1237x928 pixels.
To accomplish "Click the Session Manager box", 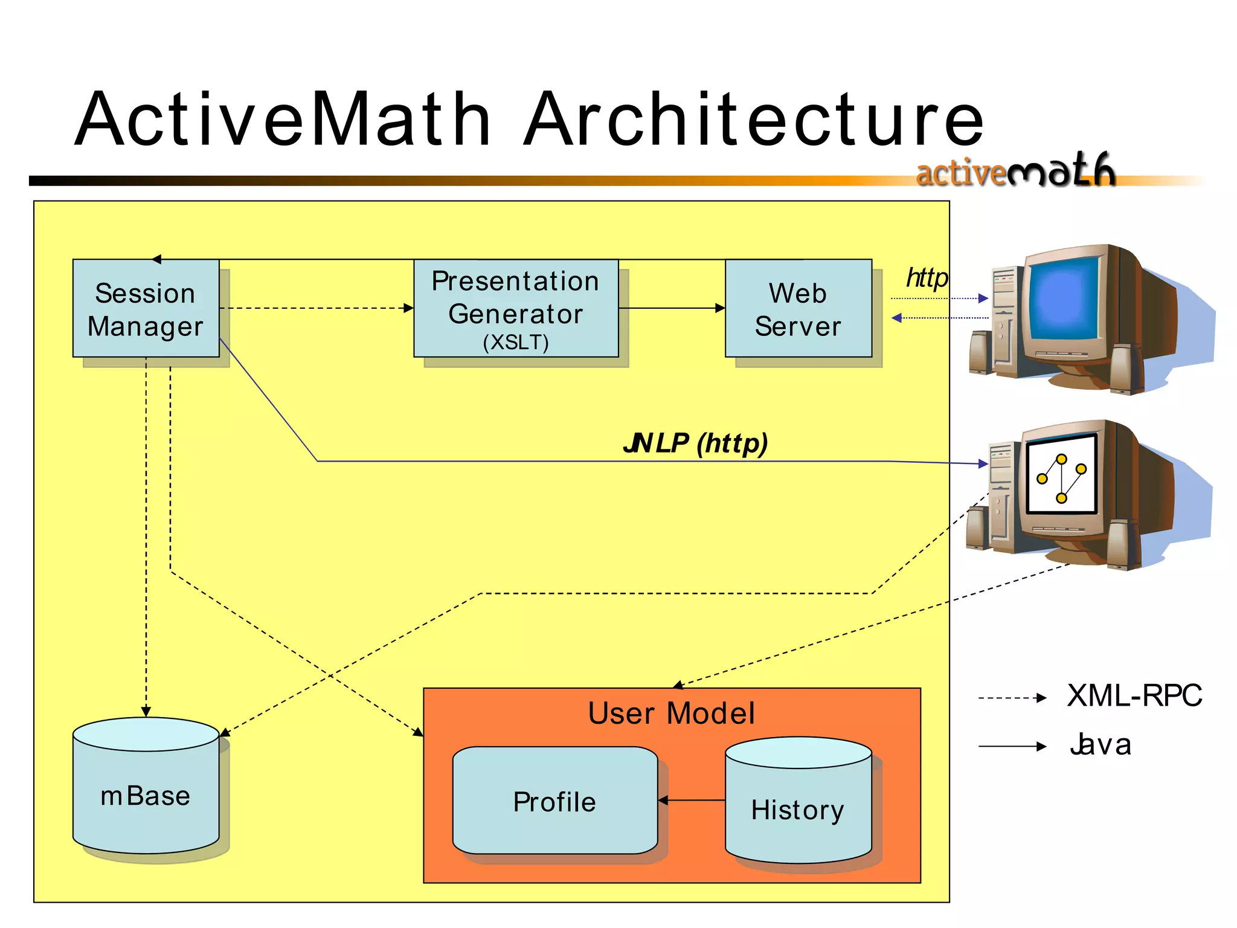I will tap(146, 309).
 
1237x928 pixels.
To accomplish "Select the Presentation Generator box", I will tap(516, 308).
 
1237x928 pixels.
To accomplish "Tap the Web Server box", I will tap(798, 309).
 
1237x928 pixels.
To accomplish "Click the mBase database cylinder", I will tap(146, 791).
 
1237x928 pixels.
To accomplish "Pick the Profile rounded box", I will tap(554, 802).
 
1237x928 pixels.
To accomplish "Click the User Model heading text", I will tap(671, 713).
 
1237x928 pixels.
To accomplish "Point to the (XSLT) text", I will tap(516, 343).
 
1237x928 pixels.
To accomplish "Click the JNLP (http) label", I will tap(695, 443).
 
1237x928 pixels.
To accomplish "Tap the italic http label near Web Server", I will tap(927, 278).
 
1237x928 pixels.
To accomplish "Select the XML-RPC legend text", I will tap(1134, 695).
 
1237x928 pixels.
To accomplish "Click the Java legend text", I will tap(1100, 744).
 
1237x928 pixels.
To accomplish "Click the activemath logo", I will tap(1015, 170).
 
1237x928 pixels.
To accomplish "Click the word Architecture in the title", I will tap(753, 119).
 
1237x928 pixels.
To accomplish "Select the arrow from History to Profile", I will tap(692, 801).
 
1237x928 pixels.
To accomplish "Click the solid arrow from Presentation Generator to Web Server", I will tap(671, 308).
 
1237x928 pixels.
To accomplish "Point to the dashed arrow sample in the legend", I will tap(1012, 698).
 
